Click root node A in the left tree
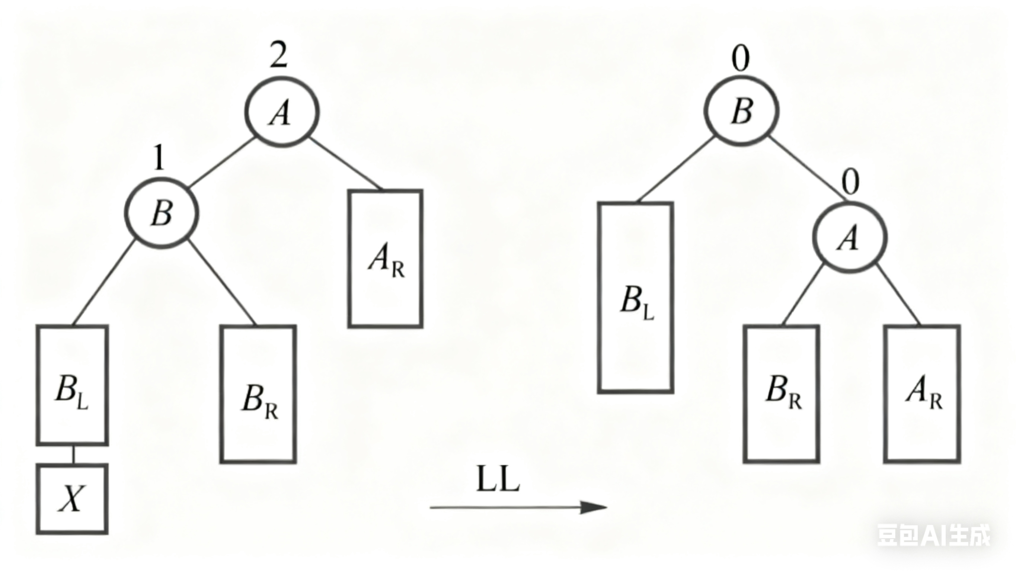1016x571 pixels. point(282,112)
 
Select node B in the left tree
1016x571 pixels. point(161,213)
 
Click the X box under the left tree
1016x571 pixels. point(72,499)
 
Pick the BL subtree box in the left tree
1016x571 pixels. point(72,385)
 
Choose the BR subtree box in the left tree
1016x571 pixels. point(258,394)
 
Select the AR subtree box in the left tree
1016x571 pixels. point(385,259)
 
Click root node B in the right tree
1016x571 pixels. point(741,111)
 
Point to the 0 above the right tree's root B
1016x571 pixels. point(740,59)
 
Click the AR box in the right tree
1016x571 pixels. point(922,394)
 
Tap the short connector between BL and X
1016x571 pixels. point(73,455)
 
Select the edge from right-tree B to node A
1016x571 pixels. point(805,169)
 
